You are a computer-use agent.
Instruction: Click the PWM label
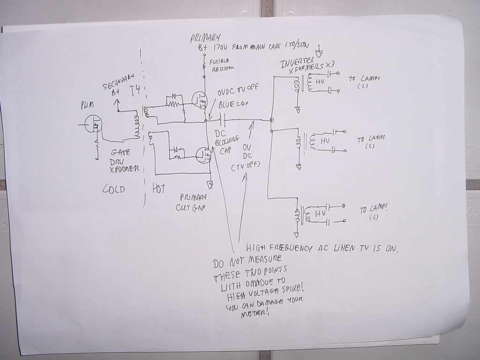click(87, 106)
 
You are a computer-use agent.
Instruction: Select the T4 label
click(135, 90)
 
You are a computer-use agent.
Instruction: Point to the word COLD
click(113, 189)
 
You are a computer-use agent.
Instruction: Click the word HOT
click(159, 187)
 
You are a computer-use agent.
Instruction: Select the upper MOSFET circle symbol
click(200, 98)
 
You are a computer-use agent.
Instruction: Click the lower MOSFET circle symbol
click(203, 155)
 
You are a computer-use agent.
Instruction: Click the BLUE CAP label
click(232, 104)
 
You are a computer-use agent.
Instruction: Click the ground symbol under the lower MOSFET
click(210, 185)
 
